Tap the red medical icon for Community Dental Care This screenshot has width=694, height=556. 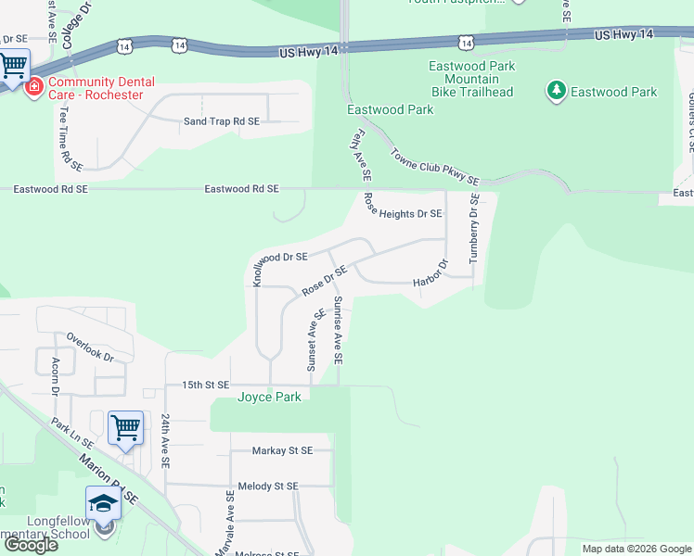(34, 87)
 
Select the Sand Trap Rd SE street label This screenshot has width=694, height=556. (221, 121)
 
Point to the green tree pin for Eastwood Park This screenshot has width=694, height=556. (556, 91)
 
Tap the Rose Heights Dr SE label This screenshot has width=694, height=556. (403, 213)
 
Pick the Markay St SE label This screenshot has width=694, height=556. (283, 450)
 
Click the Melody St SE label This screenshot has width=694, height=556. (267, 486)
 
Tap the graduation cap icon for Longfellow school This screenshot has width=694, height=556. (103, 503)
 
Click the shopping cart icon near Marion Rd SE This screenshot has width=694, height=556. (125, 428)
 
